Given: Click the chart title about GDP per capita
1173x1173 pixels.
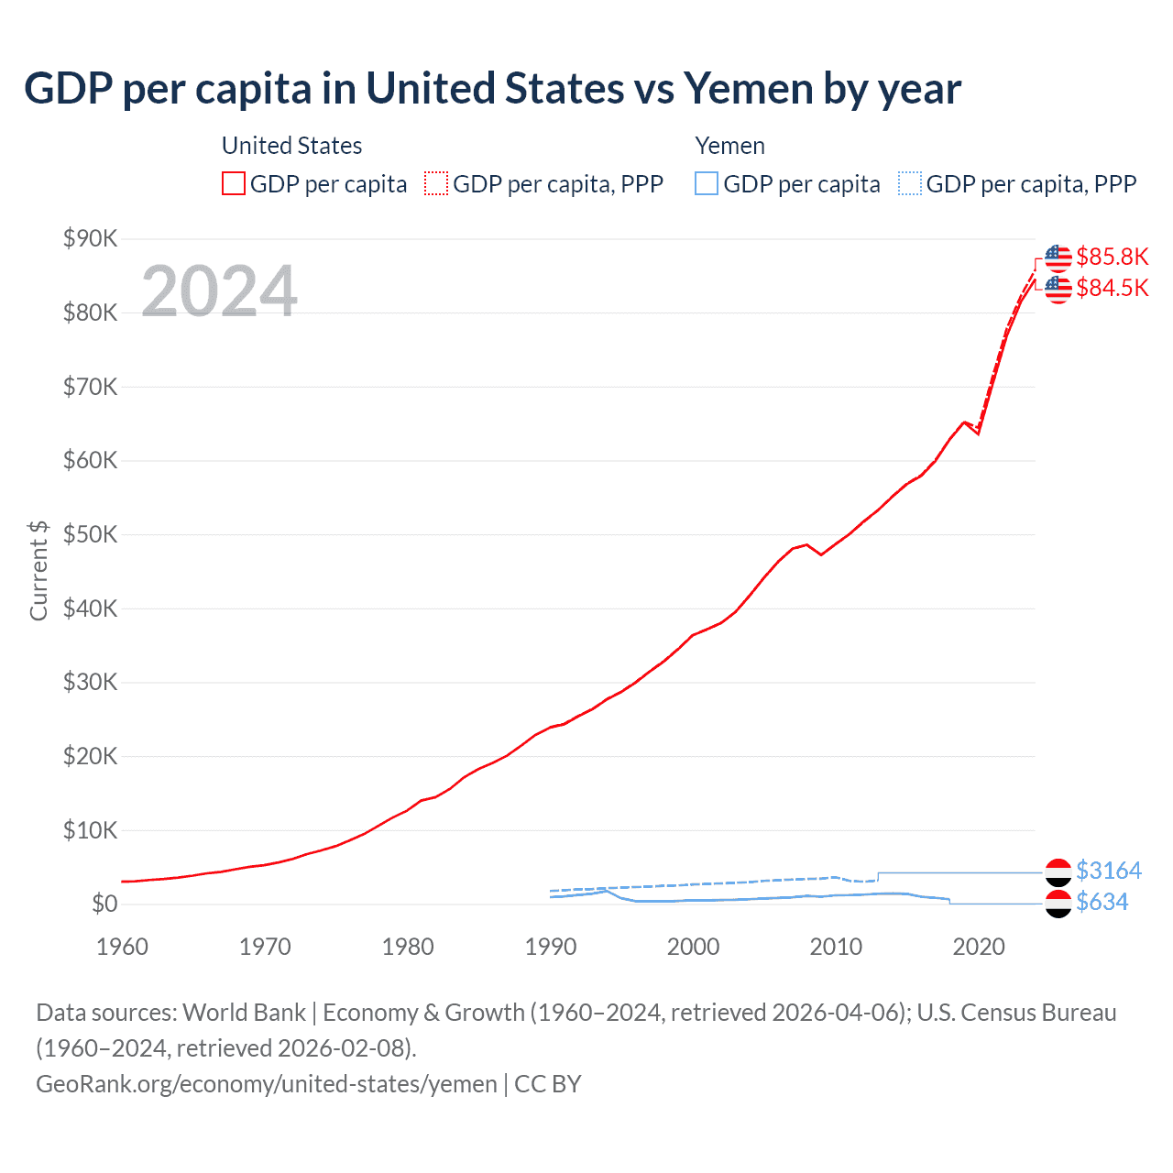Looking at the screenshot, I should [492, 89].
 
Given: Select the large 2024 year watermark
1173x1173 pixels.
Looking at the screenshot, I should [219, 291].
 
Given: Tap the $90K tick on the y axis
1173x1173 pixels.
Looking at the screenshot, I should [90, 239].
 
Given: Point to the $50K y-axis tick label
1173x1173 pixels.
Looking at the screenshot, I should [90, 534].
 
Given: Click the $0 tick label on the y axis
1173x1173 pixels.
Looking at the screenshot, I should [104, 904].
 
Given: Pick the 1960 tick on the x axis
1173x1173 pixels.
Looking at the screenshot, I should [122, 947].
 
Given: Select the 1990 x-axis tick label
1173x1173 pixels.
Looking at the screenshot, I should [550, 947].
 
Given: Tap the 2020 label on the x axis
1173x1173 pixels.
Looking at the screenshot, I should [979, 947].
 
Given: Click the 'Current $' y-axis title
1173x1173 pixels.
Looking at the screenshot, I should [38, 570].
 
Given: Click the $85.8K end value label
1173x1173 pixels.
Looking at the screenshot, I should [1112, 257].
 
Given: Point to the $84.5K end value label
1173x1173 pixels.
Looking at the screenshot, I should [1112, 288].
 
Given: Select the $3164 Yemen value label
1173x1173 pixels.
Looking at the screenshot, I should [1109, 870].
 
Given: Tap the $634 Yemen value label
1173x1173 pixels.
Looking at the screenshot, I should [1102, 902].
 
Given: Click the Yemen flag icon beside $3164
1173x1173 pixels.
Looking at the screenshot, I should [1058, 871].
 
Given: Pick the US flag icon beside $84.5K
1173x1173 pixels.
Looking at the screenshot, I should [1058, 289].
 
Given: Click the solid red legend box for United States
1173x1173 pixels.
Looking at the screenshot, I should [234, 184].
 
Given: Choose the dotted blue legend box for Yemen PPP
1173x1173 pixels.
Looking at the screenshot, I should [910, 184].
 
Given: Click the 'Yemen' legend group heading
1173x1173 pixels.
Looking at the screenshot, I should [729, 146].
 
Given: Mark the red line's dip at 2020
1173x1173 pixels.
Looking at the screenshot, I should [978, 433].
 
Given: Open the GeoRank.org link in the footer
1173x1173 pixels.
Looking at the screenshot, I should [266, 1084].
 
